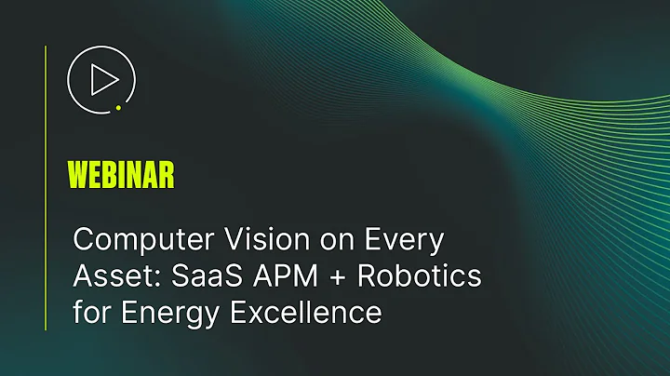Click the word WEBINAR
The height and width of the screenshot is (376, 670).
121,174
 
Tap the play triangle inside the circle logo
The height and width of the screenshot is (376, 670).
100,80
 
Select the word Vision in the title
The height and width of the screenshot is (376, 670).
236,241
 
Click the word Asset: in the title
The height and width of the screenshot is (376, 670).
108,276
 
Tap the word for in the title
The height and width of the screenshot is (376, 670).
90,312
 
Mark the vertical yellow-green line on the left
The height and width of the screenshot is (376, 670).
46,186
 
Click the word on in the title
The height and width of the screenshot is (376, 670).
313,241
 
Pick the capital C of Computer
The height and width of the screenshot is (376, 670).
83,241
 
